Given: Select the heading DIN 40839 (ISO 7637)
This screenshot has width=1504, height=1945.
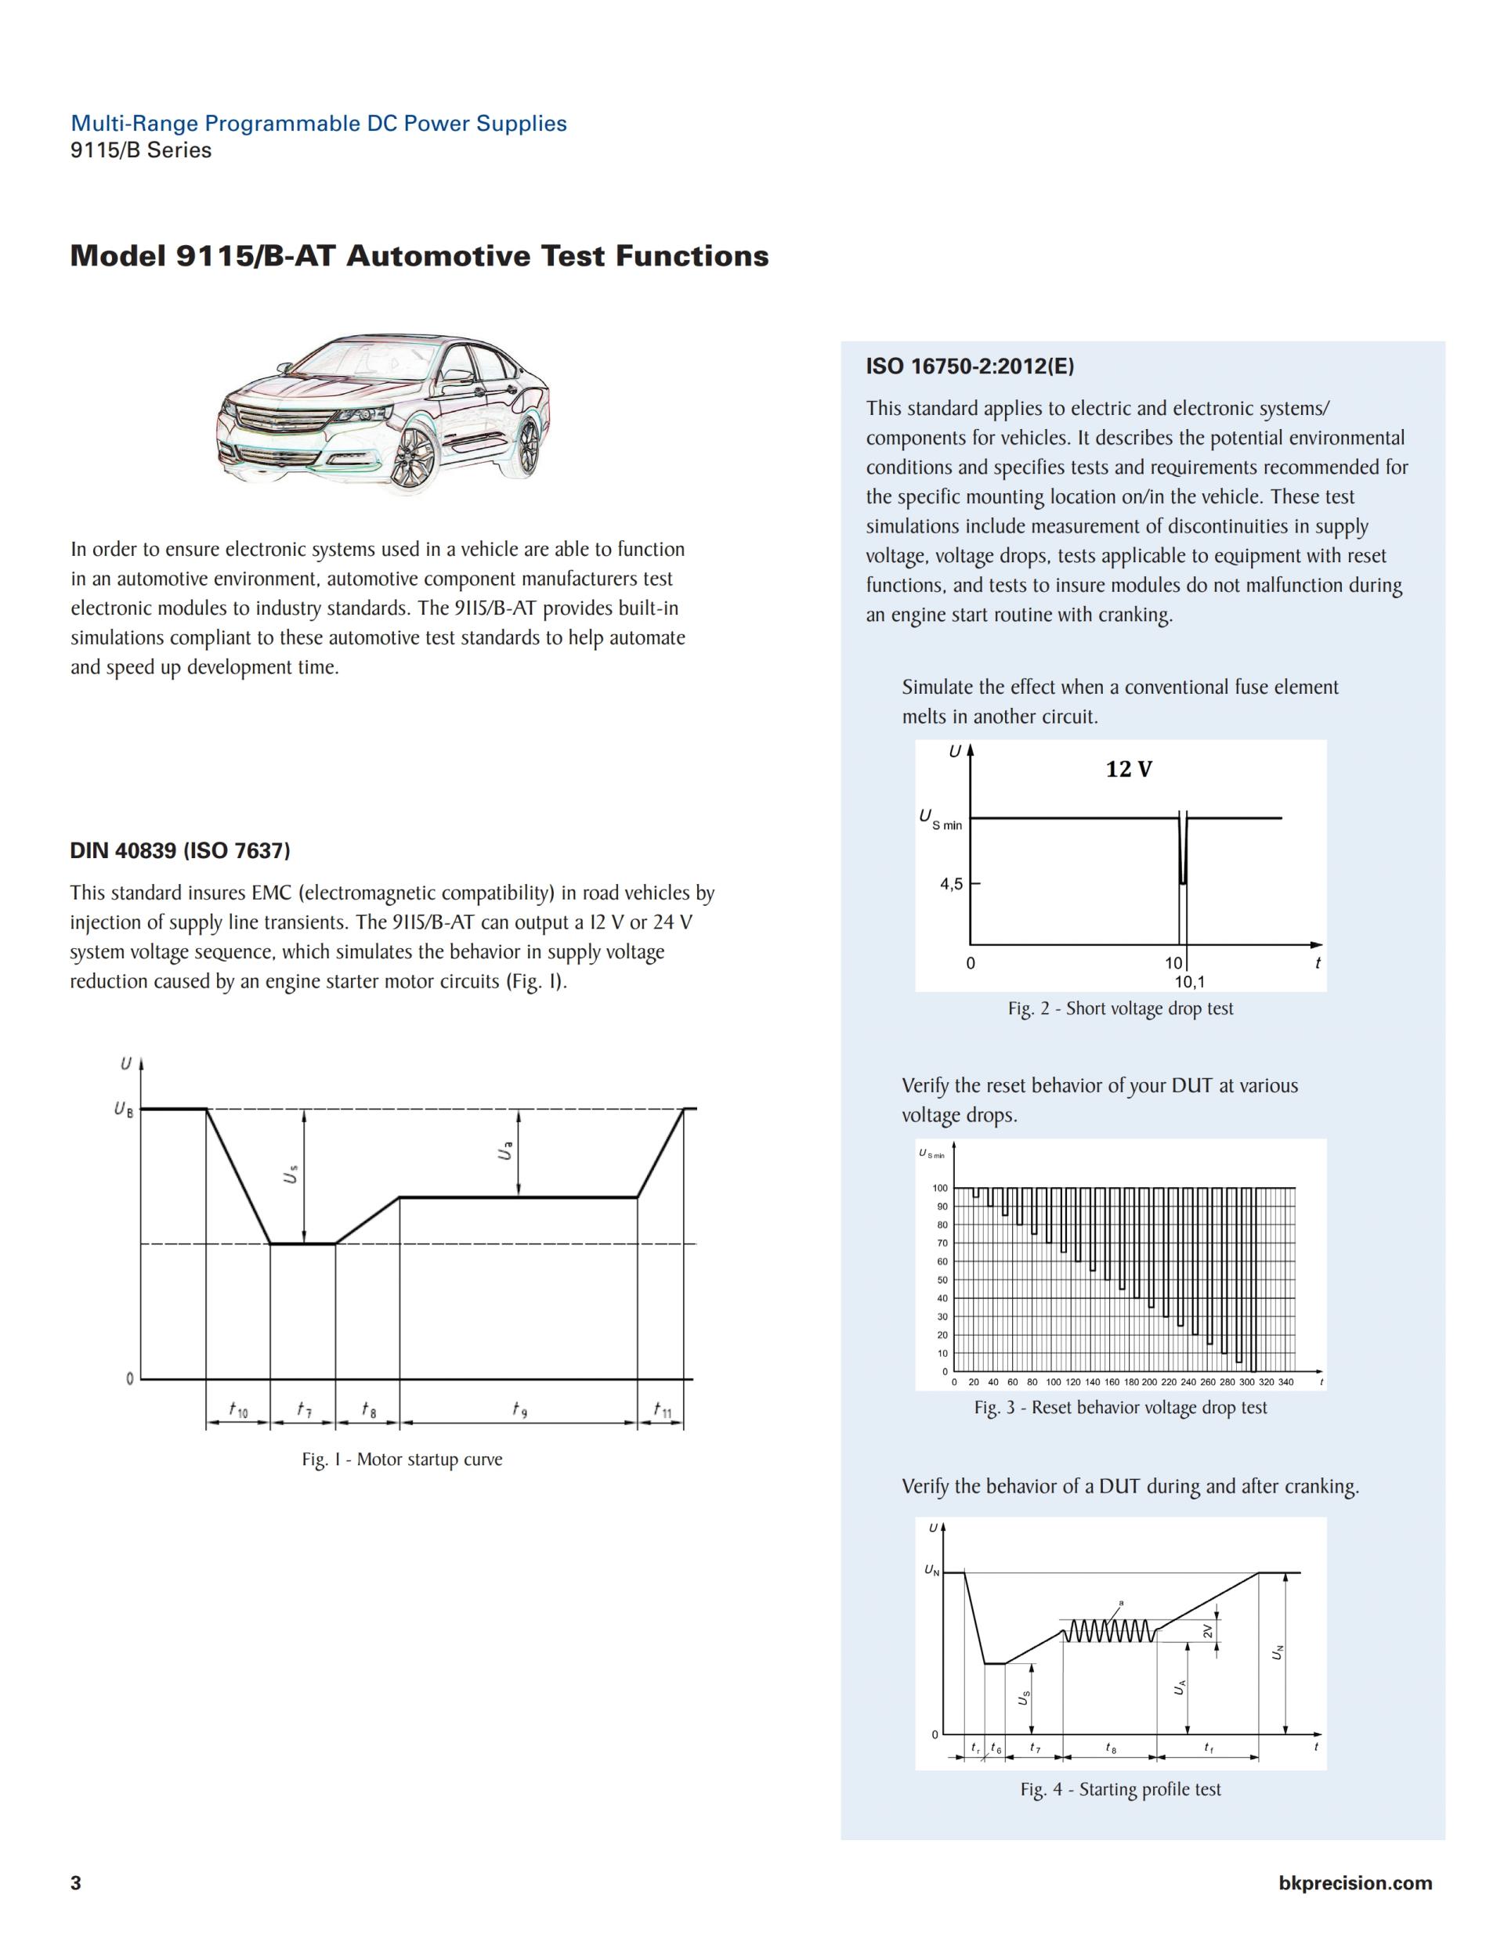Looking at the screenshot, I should pos(180,850).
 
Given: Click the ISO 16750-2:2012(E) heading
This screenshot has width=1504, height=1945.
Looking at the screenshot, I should pos(971,366).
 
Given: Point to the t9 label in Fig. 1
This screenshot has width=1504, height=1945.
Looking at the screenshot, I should pos(519,1409).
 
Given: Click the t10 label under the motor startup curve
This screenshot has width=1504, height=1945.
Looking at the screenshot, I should pos(238,1409).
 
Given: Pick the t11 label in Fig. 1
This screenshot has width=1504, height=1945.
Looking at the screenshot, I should pos(662,1409).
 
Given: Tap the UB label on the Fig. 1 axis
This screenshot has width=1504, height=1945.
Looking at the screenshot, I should pos(123,1110).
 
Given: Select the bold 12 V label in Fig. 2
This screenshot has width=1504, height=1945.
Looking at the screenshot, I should pos(1129,770).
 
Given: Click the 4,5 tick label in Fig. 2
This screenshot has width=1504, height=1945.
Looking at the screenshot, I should pos(952,884).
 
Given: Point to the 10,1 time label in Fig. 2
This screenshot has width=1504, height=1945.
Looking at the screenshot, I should pos(1189,983).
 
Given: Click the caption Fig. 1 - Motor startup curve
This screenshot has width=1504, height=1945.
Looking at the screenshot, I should pos(402,1460).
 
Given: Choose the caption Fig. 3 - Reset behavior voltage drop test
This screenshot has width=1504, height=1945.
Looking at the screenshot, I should pos(1120,1408).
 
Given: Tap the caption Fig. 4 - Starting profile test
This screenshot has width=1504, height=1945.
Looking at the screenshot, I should pos(1120,1789).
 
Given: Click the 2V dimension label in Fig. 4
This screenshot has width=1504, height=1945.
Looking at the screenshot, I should pos(1208,1632).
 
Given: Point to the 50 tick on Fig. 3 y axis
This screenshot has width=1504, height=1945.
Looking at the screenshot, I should pos(941,1279).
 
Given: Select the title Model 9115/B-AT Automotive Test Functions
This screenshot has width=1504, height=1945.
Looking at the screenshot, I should pos(419,257).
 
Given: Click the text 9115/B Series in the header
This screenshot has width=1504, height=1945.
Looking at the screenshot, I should pos(141,150).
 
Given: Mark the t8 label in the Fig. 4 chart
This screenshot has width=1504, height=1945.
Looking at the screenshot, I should pos(1110,1748).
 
